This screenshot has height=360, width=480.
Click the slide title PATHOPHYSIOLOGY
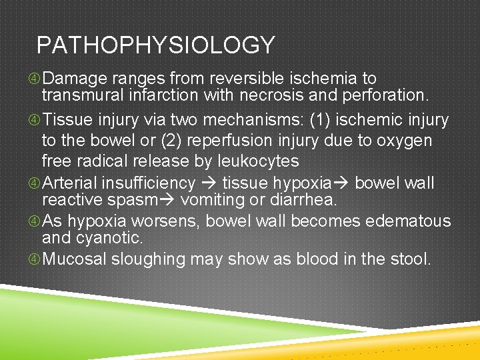click(155, 45)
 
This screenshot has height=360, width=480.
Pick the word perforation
click(389, 97)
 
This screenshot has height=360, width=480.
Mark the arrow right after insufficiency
click(210, 183)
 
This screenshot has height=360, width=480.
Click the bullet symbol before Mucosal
click(34, 259)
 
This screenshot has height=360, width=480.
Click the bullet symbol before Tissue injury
click(34, 121)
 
